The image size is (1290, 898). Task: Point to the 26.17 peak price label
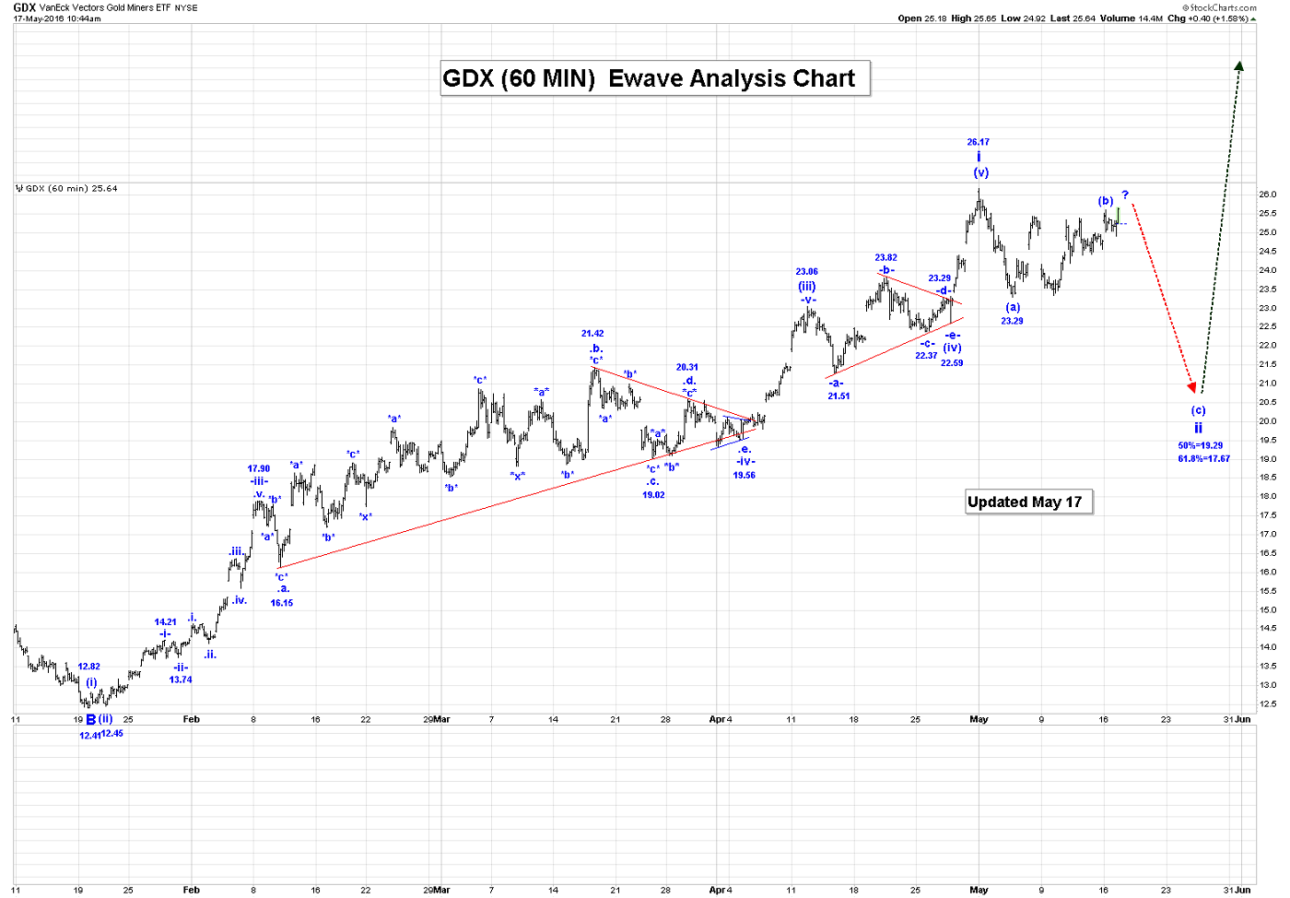978,142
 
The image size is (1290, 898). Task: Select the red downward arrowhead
1192,386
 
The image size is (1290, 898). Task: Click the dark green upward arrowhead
1239,66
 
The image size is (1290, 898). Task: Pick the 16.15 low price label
281,603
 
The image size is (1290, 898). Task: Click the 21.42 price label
592,334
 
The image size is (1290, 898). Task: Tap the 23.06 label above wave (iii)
806,272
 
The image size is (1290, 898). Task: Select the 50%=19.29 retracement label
1200,446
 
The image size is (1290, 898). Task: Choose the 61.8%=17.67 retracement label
1203,458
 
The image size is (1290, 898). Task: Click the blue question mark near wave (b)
1125,195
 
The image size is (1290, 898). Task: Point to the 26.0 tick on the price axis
1267,195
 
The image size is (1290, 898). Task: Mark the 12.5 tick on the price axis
1267,704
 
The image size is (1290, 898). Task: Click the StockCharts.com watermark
1222,7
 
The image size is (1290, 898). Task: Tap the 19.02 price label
653,495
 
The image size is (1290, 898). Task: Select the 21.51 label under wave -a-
838,396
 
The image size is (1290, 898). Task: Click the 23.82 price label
885,258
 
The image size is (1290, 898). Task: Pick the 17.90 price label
259,469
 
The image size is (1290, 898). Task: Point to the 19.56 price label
744,476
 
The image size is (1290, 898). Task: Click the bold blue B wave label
91,720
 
